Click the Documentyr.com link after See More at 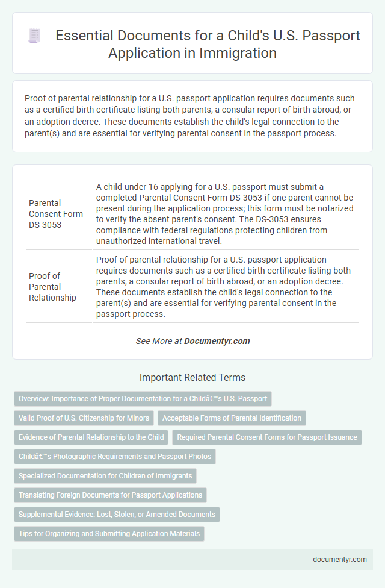tap(217, 341)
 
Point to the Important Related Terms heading tap(192, 377)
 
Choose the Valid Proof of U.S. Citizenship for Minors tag tap(83, 418)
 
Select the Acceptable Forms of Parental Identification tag tap(232, 418)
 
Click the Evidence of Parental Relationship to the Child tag tap(91, 437)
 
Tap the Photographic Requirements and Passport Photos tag tap(114, 457)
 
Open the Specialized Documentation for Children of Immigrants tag tap(105, 476)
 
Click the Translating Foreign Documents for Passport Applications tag tap(110, 495)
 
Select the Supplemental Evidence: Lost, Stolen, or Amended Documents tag tap(117, 514)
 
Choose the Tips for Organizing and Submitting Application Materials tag tap(109, 534)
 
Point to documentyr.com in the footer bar tap(340, 559)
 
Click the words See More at tap(159, 341)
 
